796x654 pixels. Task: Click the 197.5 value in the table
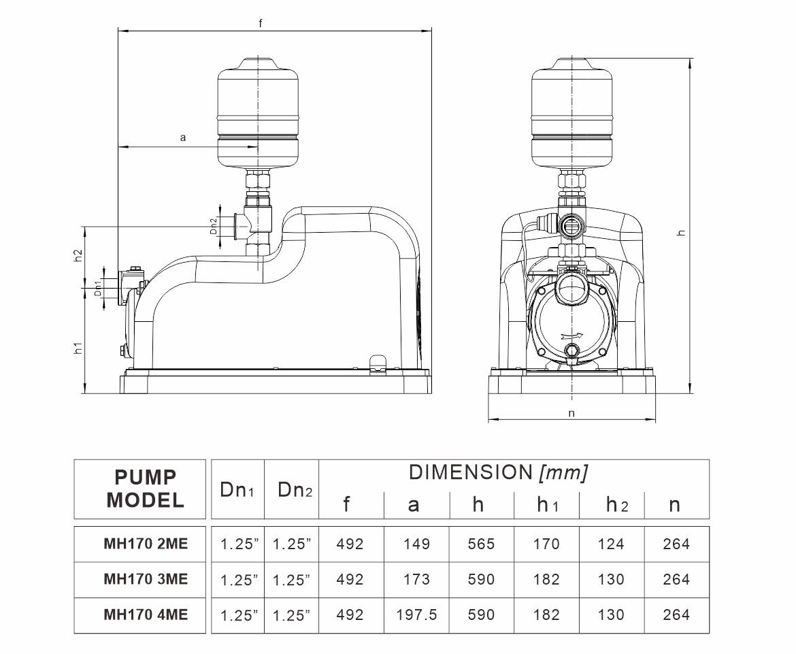416,615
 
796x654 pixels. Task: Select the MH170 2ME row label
146,544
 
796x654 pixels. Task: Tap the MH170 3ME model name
146,579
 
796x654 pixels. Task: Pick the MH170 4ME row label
146,615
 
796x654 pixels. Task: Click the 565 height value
481,544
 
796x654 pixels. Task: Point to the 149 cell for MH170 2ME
416,544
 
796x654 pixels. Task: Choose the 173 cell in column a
416,579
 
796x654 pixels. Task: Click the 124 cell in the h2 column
611,544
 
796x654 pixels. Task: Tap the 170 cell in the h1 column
546,544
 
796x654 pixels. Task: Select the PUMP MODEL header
145,489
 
